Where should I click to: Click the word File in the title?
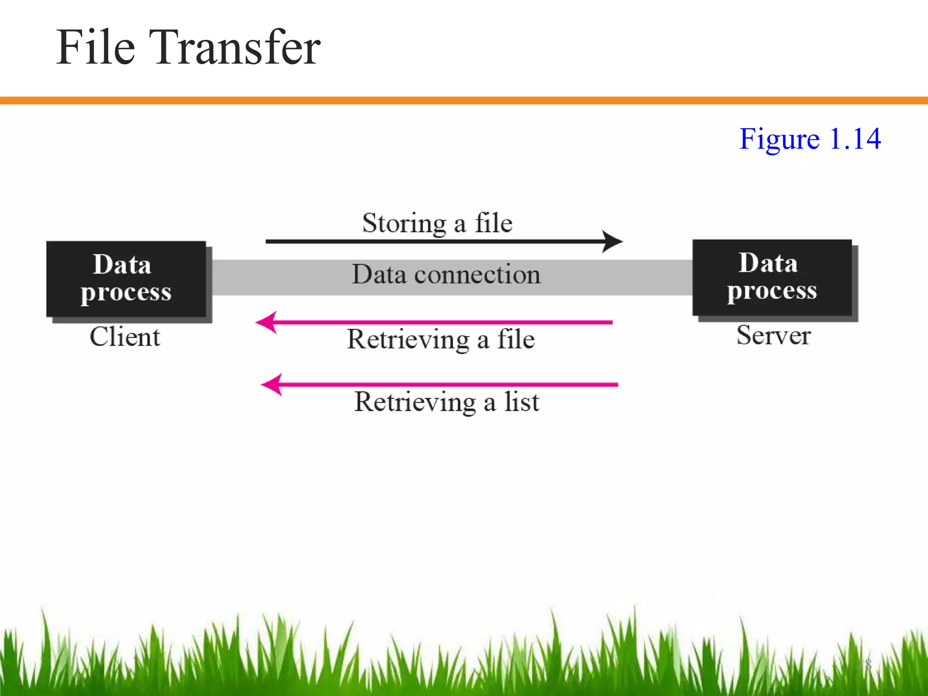tap(96, 48)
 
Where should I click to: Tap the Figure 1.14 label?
tap(810, 139)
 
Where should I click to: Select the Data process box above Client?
tap(126, 279)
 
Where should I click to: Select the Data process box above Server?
tap(772, 278)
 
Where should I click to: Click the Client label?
tap(125, 337)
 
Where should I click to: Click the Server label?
tap(773, 336)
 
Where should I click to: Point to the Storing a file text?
tap(437, 223)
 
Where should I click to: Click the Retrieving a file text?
tap(441, 340)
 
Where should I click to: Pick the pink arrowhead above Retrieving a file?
tap(266, 323)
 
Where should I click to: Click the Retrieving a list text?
tap(447, 402)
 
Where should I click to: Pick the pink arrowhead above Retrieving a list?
tap(272, 385)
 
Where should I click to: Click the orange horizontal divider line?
tap(464, 101)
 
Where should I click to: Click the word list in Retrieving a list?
tap(522, 402)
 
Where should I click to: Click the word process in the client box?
tap(126, 293)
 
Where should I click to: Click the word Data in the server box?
tap(768, 263)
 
